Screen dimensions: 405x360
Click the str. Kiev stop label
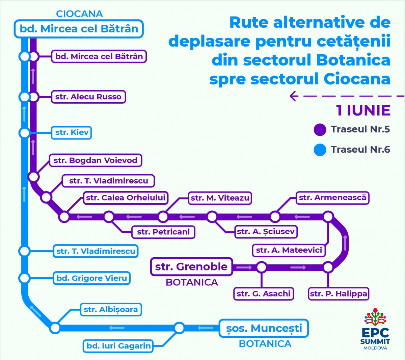coord(71,133)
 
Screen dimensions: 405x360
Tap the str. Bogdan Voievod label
coord(96,160)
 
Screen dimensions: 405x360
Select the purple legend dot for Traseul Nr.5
coord(320,130)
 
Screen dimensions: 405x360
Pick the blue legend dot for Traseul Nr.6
coord(320,150)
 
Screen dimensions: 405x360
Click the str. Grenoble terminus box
coord(191,266)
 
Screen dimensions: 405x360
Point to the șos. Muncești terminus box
coord(264,328)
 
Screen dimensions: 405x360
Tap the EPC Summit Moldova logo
coord(375,329)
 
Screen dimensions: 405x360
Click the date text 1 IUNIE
coord(363,110)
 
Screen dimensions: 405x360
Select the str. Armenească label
coord(332,198)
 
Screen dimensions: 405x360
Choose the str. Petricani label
coord(163,232)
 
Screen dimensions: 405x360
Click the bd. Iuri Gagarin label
coord(118,346)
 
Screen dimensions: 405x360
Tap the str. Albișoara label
coord(111,310)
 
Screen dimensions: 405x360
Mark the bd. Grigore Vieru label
coord(92,278)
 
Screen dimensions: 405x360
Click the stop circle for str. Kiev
coord(25,133)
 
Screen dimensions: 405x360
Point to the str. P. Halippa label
coord(339,294)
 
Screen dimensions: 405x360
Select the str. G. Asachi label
coord(264,294)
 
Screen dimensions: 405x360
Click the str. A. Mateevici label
coord(289,250)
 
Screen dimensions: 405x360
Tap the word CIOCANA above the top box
coord(79,14)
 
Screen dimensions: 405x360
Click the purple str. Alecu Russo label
coord(88,97)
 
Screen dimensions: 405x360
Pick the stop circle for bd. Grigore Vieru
coord(25,278)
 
